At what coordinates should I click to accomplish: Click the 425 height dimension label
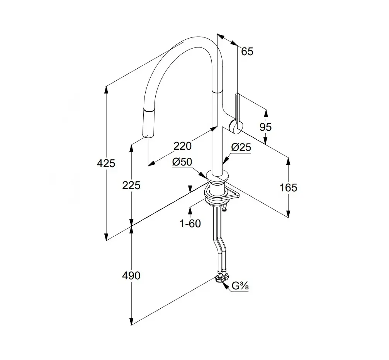pos(106,163)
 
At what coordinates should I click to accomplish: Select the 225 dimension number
pos(131,186)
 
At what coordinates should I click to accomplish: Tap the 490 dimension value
pos(131,275)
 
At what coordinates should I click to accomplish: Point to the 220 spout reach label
pos(182,146)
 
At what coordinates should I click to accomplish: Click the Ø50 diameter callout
pos(182,162)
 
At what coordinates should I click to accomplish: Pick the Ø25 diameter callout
pos(241,147)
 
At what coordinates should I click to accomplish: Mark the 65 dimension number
pos(247,51)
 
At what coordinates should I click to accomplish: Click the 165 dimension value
pos(289,188)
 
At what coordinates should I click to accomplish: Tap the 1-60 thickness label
pos(190,223)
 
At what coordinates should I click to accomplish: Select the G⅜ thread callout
pos(240,286)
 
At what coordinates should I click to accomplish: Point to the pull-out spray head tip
pos(148,133)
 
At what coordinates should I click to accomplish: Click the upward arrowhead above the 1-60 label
pos(190,210)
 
